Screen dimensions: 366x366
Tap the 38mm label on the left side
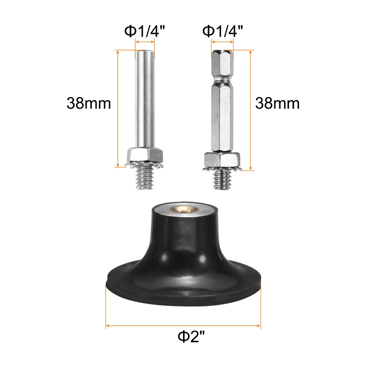(89, 104)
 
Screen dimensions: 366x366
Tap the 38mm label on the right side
(277, 104)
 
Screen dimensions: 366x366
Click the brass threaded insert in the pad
(183, 210)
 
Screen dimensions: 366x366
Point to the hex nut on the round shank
(145, 155)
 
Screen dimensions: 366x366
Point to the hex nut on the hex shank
(222, 159)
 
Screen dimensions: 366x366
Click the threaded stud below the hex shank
(222, 180)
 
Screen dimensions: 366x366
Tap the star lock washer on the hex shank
(222, 168)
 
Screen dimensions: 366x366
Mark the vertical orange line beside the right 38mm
(251, 110)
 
